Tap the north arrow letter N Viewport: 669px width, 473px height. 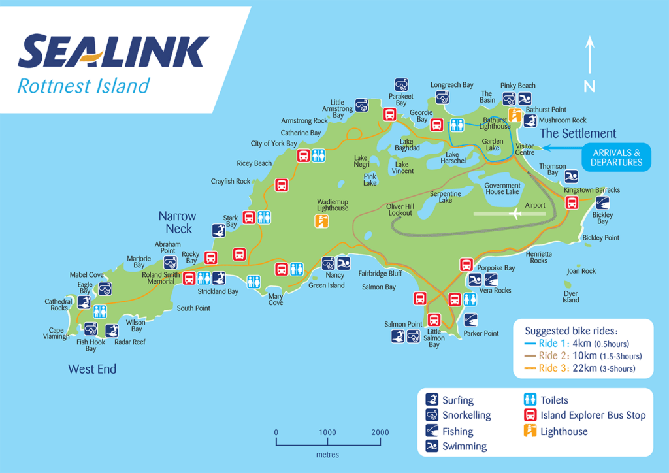tap(589, 86)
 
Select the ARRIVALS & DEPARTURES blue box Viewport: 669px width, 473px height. tap(617, 157)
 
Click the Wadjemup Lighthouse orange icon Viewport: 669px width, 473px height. tap(321, 221)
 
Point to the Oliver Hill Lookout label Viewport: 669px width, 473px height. tap(400, 209)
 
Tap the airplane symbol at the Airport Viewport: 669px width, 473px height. tap(515, 213)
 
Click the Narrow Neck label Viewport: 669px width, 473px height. tap(178, 222)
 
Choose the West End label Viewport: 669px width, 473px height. tap(92, 369)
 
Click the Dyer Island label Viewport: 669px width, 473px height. tap(570, 297)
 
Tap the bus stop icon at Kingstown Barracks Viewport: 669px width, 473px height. tap(572, 203)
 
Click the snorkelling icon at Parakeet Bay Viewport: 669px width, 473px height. tap(401, 85)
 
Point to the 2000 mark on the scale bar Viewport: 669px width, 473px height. tap(380, 432)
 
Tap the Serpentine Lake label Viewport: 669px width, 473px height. tap(445, 197)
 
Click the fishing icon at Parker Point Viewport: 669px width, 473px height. tap(470, 319)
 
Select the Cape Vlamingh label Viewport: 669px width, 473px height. tap(57, 333)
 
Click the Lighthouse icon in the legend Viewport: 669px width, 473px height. tap(530, 431)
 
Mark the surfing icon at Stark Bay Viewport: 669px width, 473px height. tap(219, 230)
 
